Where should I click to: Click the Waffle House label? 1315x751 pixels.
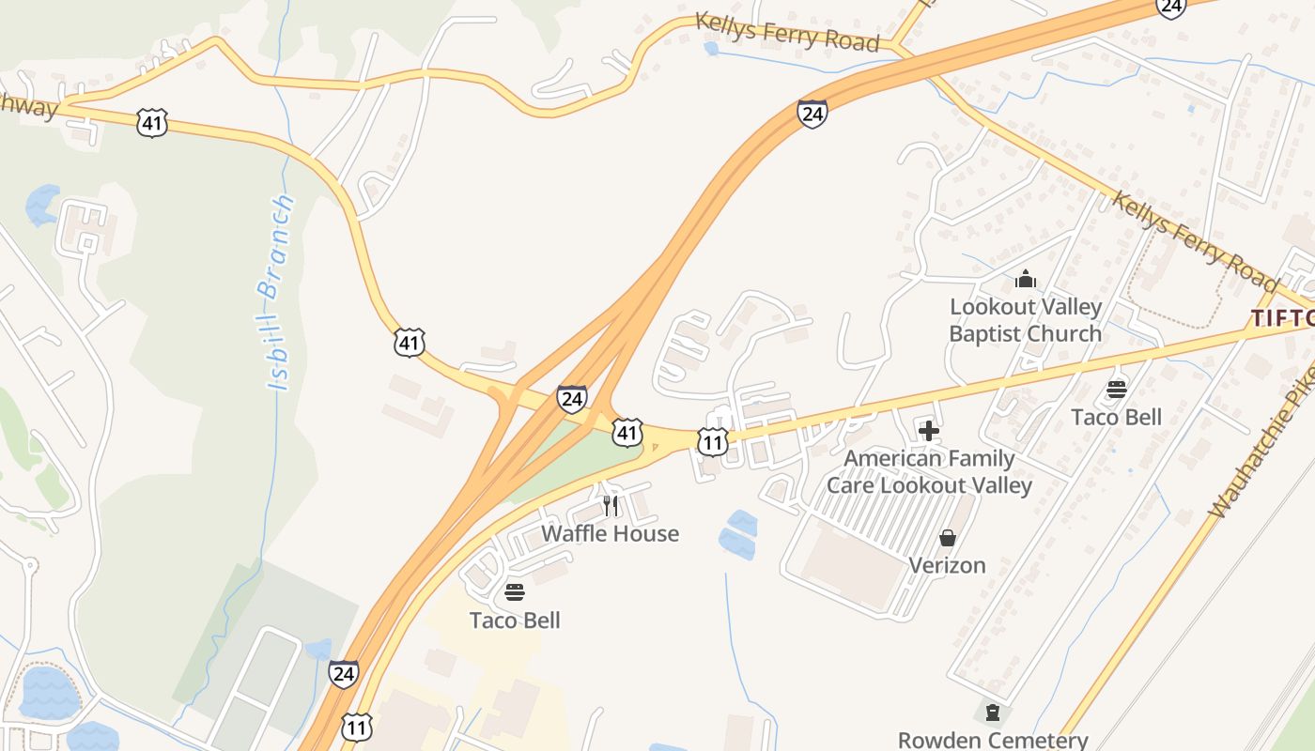610,534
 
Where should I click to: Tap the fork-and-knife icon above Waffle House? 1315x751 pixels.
611,507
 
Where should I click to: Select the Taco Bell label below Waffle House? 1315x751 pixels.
515,621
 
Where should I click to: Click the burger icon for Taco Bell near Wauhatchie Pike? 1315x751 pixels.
1117,390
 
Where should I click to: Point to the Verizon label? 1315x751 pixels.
947,565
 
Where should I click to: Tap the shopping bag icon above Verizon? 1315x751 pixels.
947,538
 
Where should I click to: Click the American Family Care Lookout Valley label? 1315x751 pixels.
929,472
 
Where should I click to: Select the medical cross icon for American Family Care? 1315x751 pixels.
929,431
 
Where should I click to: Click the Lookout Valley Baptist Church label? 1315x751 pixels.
1025,320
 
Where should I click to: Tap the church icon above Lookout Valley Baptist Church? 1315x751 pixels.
1025,279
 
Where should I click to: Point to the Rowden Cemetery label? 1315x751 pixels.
993,740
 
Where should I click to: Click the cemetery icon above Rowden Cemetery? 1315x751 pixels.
992,713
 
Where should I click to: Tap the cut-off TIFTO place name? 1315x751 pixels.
1282,318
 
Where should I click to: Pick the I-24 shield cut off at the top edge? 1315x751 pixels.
1170,8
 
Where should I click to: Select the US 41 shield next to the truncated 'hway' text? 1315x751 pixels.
151,122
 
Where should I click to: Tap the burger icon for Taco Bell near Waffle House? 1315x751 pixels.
515,592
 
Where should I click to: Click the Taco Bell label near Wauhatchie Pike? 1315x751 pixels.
1117,418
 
